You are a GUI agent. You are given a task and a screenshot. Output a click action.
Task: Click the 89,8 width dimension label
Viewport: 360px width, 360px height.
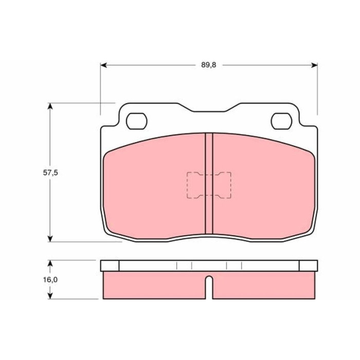209,65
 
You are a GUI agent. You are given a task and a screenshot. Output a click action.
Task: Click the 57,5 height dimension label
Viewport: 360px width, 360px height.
50,173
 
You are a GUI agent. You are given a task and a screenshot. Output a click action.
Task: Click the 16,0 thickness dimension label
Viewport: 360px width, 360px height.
50,280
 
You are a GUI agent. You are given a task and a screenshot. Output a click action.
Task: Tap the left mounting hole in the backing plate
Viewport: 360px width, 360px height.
137,121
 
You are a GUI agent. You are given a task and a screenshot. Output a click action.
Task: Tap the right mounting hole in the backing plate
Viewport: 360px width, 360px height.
281,121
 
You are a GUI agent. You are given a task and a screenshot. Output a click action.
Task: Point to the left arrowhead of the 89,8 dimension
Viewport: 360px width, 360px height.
104,65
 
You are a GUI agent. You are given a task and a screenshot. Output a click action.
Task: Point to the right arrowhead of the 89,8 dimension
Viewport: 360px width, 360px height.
314,65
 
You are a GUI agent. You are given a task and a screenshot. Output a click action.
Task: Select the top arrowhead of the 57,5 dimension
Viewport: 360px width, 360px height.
50,106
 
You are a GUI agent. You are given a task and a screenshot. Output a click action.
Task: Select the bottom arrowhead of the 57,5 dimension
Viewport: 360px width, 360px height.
50,238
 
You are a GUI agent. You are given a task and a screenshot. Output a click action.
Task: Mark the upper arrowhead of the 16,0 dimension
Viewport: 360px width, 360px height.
50,263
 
